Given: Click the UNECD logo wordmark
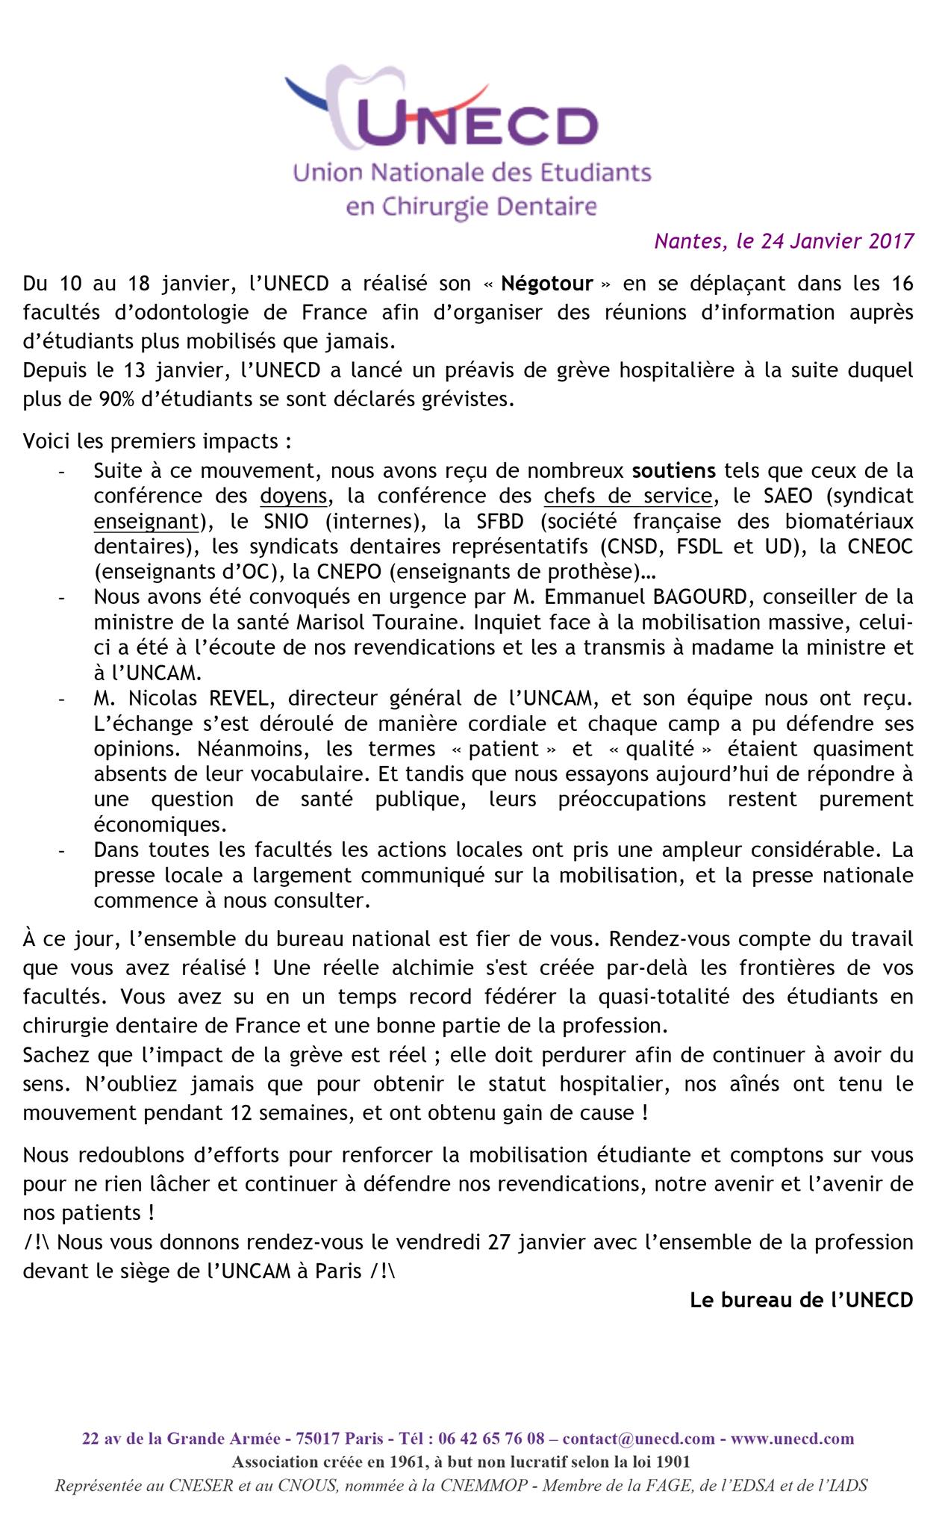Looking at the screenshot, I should tap(478, 123).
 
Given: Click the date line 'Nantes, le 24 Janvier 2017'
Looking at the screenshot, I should tap(784, 241).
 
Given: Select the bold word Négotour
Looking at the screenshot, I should tap(547, 284).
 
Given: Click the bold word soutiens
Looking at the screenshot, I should tap(674, 470).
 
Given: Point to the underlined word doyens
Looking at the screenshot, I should tap(293, 496).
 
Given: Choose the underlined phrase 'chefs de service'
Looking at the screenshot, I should tap(628, 496).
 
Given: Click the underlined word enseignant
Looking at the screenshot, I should tap(149, 521).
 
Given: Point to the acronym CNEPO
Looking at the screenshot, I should tap(340, 572).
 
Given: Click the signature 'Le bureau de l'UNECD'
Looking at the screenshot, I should tap(801, 1300).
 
